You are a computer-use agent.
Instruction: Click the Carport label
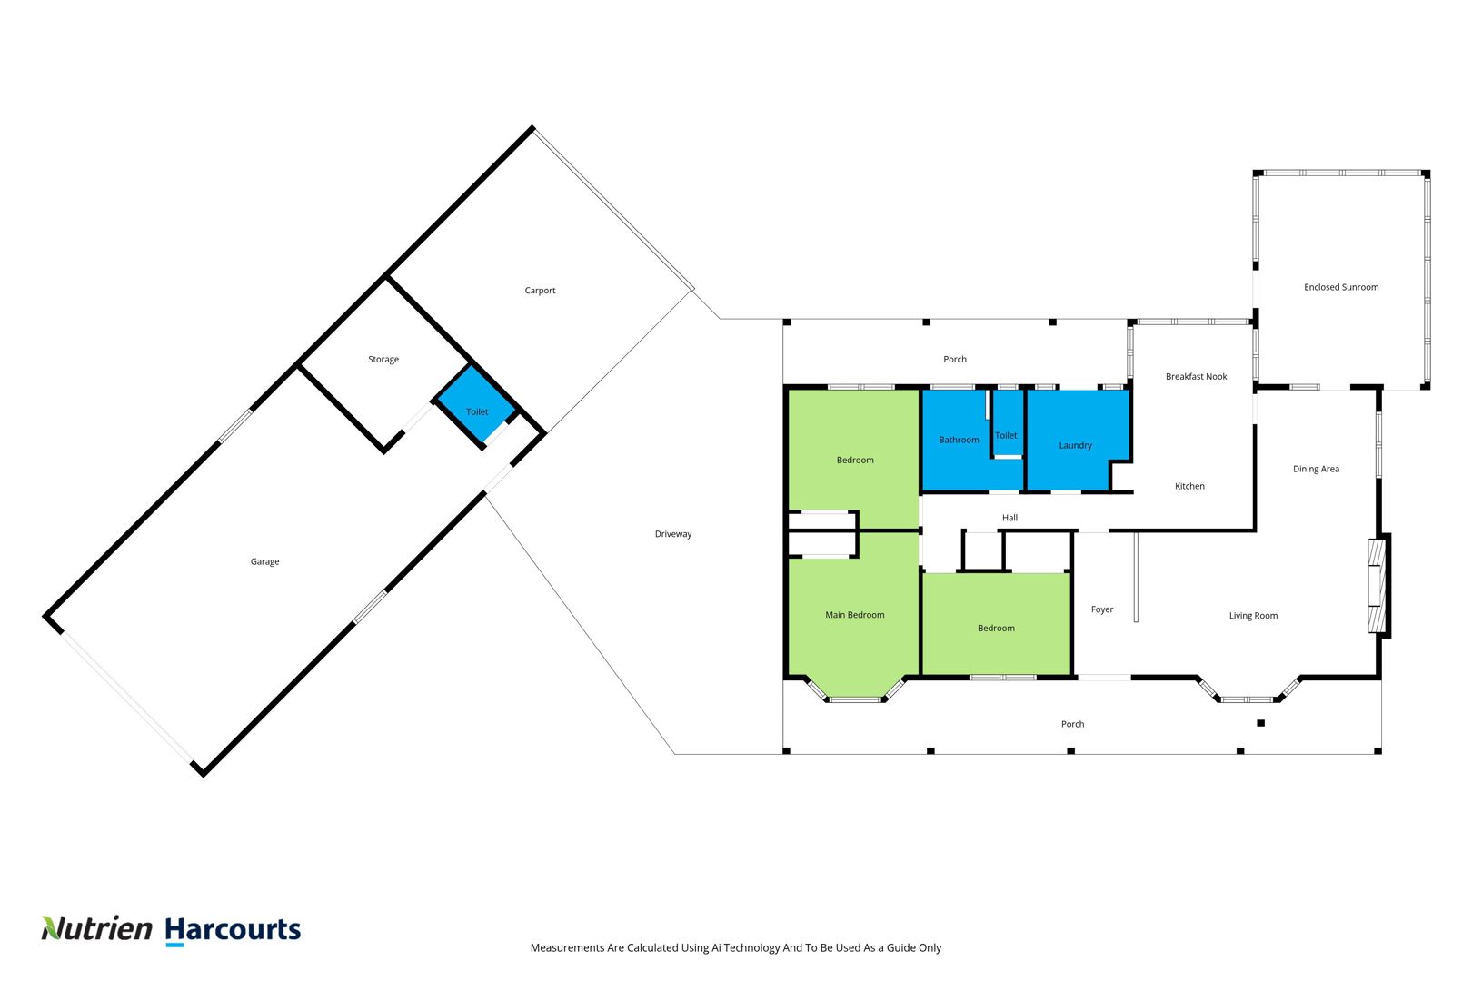pyautogui.click(x=540, y=291)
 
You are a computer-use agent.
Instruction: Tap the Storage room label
pyautogui.click(x=383, y=360)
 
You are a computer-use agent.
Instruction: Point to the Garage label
pyautogui.click(x=264, y=561)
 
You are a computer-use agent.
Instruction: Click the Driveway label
pyautogui.click(x=673, y=534)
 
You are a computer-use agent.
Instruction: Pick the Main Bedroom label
pyautogui.click(x=854, y=615)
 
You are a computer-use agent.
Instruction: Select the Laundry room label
pyautogui.click(x=1075, y=445)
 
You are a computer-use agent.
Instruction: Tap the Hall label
pyautogui.click(x=1010, y=518)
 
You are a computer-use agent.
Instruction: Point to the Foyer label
pyautogui.click(x=1102, y=609)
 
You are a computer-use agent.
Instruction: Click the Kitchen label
pyautogui.click(x=1189, y=486)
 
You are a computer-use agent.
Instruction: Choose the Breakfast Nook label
pyautogui.click(x=1196, y=376)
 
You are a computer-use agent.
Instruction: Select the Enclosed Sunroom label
pyautogui.click(x=1341, y=287)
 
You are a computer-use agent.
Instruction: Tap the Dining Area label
pyautogui.click(x=1316, y=469)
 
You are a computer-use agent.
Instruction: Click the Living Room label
pyautogui.click(x=1253, y=616)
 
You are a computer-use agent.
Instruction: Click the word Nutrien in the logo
pyautogui.click(x=96, y=928)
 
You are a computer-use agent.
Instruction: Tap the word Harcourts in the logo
pyautogui.click(x=233, y=930)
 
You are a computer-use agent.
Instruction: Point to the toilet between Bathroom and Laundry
pyautogui.click(x=1007, y=424)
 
